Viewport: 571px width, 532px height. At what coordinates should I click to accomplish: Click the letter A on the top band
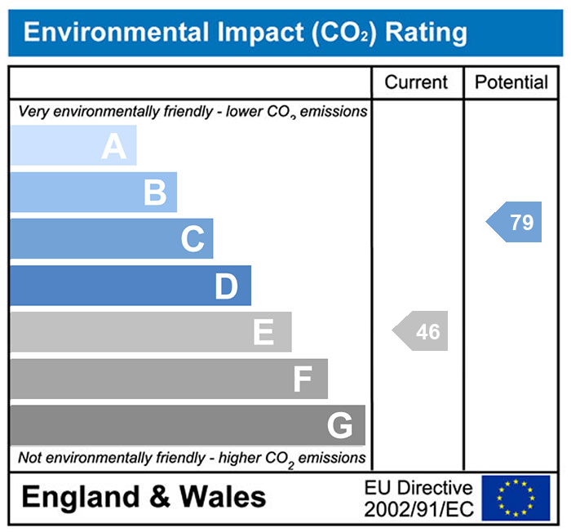pyautogui.click(x=114, y=146)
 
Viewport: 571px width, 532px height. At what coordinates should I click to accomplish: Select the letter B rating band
pyautogui.click(x=155, y=193)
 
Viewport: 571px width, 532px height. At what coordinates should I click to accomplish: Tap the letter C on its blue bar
pyautogui.click(x=193, y=240)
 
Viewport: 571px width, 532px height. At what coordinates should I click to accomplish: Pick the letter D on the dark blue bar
pyautogui.click(x=226, y=286)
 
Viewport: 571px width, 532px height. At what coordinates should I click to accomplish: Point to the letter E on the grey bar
pyautogui.click(x=263, y=333)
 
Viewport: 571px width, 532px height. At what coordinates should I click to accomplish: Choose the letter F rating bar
pyautogui.click(x=303, y=379)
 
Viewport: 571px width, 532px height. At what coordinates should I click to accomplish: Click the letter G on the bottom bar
pyautogui.click(x=339, y=426)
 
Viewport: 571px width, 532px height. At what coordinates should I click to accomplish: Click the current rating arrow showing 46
pyautogui.click(x=422, y=332)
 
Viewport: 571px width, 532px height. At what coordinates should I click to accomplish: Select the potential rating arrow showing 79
pyautogui.click(x=516, y=222)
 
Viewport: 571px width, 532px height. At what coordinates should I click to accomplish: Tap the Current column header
pyautogui.click(x=416, y=82)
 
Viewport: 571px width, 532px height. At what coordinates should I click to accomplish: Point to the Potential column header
pyautogui.click(x=511, y=82)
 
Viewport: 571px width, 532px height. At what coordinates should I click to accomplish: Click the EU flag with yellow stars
pyautogui.click(x=516, y=498)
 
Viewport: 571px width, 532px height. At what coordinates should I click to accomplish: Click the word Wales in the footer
pyautogui.click(x=223, y=497)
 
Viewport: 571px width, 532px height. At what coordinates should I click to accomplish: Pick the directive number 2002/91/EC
pyautogui.click(x=418, y=508)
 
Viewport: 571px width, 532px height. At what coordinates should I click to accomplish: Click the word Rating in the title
pyautogui.click(x=426, y=33)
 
